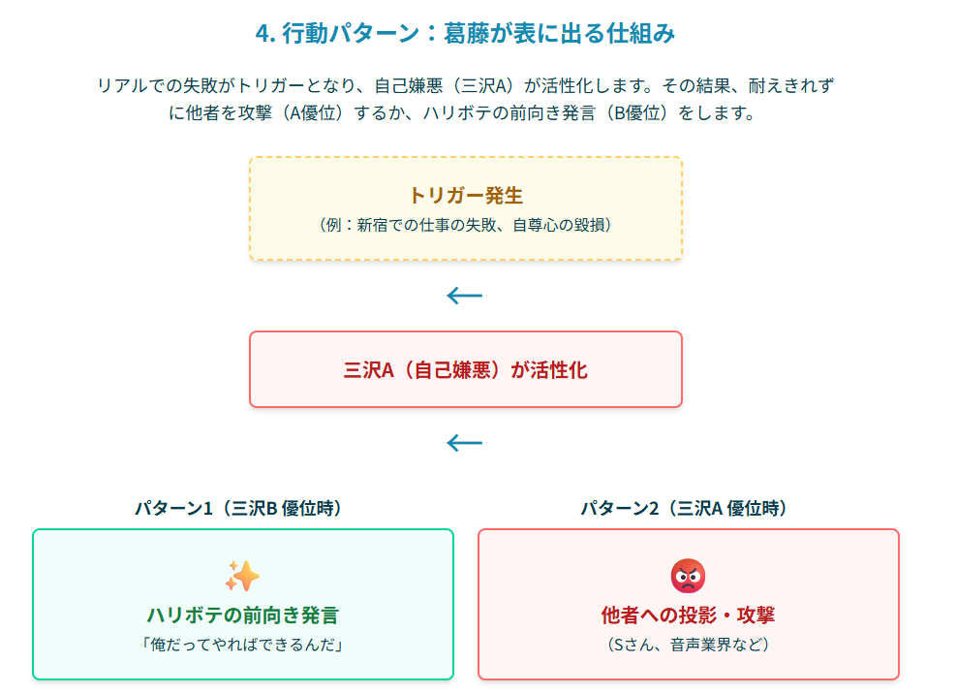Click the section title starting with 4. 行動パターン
click(x=465, y=34)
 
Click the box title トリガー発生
click(x=465, y=195)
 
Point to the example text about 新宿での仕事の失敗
click(x=465, y=225)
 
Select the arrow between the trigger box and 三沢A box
click(x=465, y=296)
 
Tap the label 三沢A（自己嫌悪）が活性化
click(x=465, y=370)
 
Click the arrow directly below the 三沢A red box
click(x=465, y=443)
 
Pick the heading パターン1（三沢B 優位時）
click(x=238, y=508)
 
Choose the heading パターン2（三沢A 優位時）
click(x=685, y=508)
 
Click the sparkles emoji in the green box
click(x=242, y=576)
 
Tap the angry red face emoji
click(x=688, y=576)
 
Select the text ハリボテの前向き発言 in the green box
click(x=242, y=615)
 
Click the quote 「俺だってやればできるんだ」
click(x=242, y=645)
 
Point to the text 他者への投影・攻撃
click(x=688, y=615)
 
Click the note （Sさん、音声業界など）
click(x=688, y=645)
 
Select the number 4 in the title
click(x=262, y=34)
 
